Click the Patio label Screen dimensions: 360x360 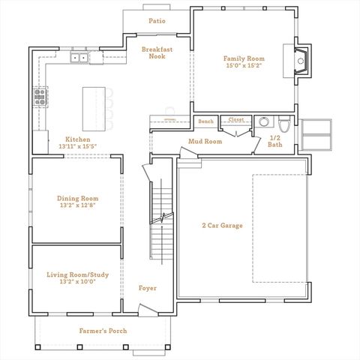pos(157,21)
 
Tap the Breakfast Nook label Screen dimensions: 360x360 pos(157,52)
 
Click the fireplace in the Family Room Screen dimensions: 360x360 pos(300,61)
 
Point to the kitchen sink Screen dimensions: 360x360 pos(79,57)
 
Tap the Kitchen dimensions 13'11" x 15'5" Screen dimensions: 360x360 pos(78,147)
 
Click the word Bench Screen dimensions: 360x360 pos(205,121)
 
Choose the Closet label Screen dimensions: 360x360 pos(236,120)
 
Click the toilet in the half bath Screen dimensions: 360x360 pos(283,124)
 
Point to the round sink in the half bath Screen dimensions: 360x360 pos(262,122)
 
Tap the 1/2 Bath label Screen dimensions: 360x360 pos(276,141)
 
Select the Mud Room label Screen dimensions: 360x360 pos(205,141)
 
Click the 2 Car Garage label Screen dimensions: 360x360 pos(222,225)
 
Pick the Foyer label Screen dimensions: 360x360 pos(148,288)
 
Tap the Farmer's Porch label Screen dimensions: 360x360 pos(103,331)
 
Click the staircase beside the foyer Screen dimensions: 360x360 pos(162,217)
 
